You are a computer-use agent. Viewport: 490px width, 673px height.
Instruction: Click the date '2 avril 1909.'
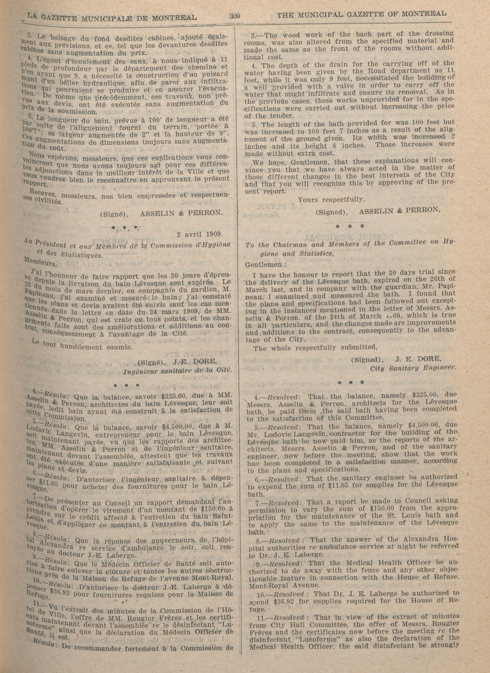point(199,234)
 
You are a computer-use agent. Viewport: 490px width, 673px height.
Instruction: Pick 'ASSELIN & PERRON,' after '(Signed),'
point(399,210)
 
